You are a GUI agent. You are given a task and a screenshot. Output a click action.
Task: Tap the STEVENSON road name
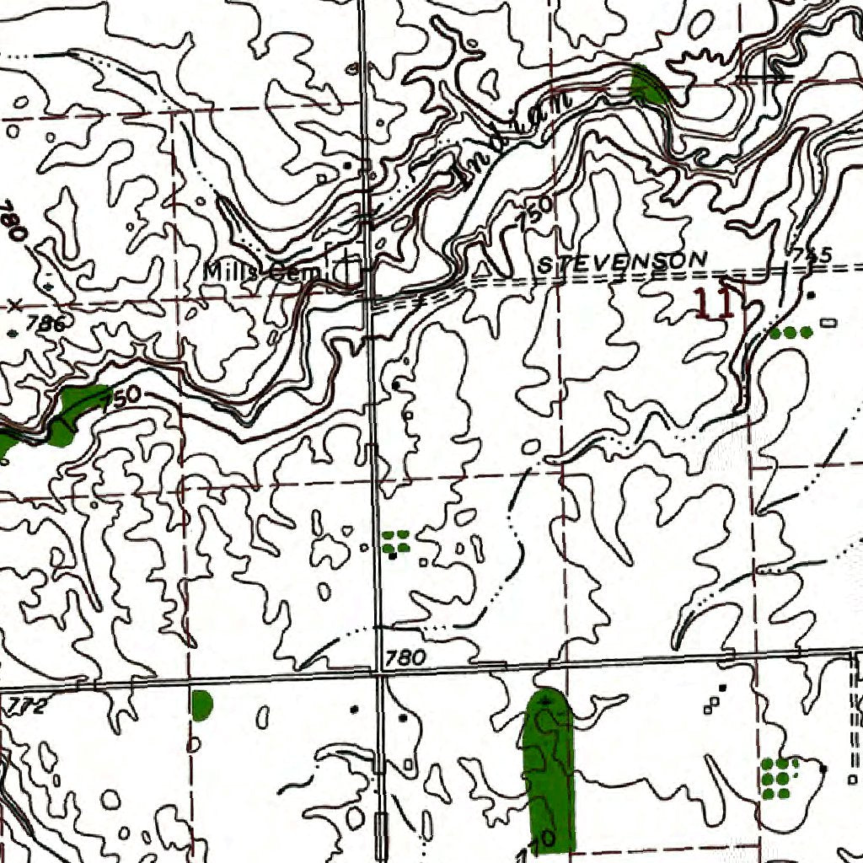pyautogui.click(x=623, y=262)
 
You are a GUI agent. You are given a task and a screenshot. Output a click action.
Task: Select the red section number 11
pyautogui.click(x=715, y=303)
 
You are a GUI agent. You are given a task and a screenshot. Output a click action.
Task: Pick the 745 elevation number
pyautogui.click(x=812, y=254)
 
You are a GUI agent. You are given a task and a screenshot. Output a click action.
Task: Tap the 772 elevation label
pyautogui.click(x=26, y=705)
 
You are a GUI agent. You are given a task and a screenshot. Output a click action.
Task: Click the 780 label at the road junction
pyautogui.click(x=405, y=657)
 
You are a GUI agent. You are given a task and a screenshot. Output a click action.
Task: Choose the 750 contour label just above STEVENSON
pyautogui.click(x=536, y=212)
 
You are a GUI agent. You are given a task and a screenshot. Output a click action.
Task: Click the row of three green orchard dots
pyautogui.click(x=791, y=333)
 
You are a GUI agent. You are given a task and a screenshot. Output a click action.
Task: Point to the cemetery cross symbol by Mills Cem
pyautogui.click(x=351, y=271)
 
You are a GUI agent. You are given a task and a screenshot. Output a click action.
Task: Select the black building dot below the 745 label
pyautogui.click(x=811, y=295)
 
